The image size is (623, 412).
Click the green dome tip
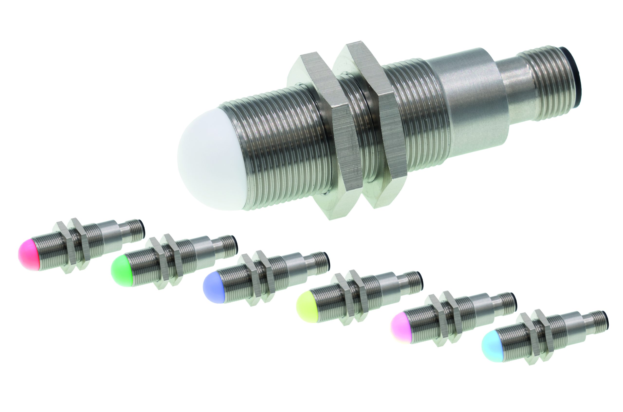point(121,271)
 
